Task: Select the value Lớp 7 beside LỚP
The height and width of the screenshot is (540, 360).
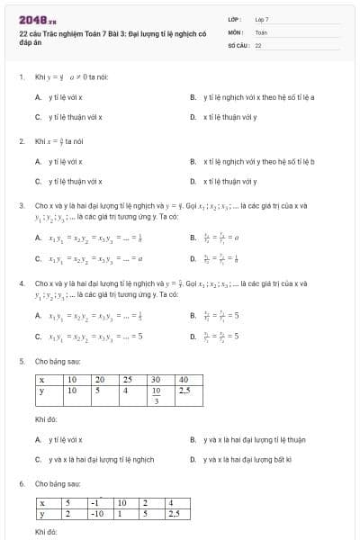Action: point(262,19)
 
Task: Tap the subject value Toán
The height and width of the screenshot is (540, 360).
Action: point(261,31)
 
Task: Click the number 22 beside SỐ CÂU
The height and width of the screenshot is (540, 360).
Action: point(258,44)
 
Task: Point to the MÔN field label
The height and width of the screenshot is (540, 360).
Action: point(235,31)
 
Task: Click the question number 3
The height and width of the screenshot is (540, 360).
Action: point(21,205)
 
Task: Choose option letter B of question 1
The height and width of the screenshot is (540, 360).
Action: point(193,97)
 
